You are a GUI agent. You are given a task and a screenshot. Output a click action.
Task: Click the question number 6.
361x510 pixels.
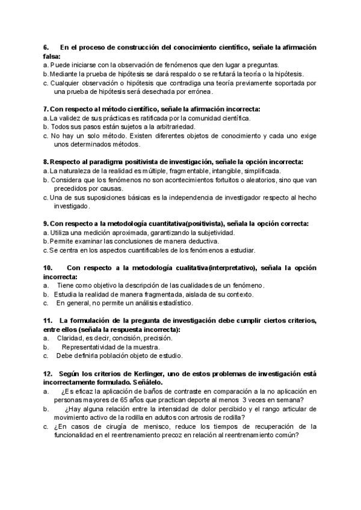coord(46,47)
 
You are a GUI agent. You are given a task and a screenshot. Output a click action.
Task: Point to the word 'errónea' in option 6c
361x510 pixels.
coord(197,92)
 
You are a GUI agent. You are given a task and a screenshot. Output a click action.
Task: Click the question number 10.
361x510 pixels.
coord(48,268)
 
